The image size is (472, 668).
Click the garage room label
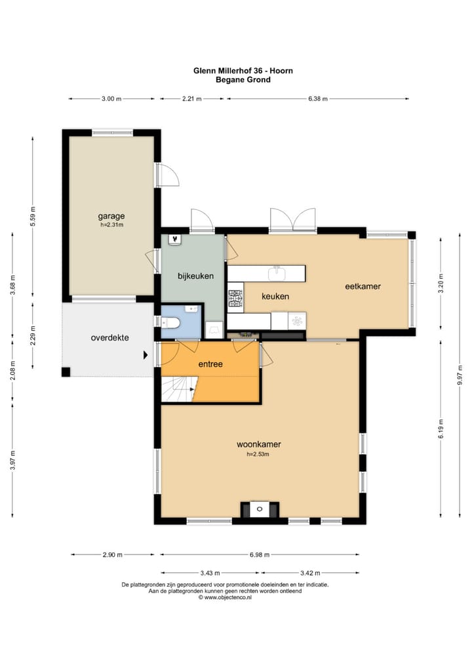(111, 216)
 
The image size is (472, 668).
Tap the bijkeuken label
(196, 276)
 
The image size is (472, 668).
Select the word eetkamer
(363, 286)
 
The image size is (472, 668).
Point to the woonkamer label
(259, 444)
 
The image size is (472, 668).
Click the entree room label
(210, 364)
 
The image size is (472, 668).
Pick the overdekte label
(110, 338)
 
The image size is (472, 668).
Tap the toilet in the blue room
(170, 323)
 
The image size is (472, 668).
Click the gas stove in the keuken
(235, 299)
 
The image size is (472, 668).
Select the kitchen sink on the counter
(277, 274)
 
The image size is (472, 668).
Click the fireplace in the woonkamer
(260, 509)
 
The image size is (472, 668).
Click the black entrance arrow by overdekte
(146, 354)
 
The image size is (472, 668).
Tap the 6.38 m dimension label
(318, 99)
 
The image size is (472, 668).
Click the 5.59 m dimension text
(33, 217)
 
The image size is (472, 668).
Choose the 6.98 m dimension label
(260, 554)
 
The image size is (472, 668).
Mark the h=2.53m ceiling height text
(258, 454)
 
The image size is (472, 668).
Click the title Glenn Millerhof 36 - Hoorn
(243, 71)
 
